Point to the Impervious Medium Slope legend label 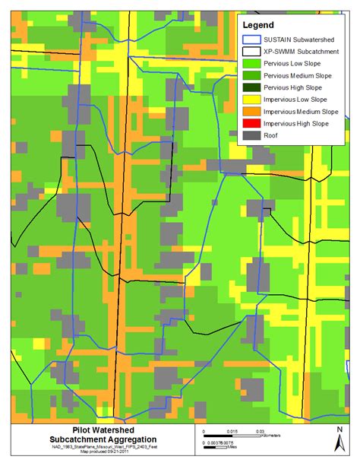[x=302, y=112]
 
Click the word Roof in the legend [x=275, y=136]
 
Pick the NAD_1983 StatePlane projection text [x=90, y=449]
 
